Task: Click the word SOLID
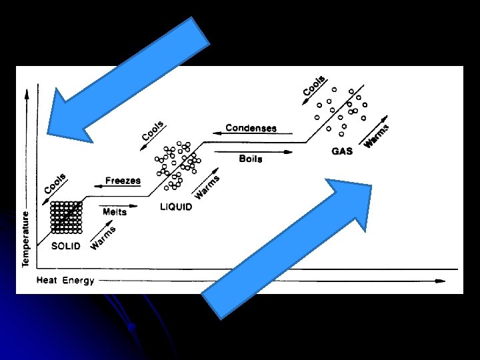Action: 66,245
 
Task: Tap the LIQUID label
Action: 176,207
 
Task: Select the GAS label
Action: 342,151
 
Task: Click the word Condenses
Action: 251,128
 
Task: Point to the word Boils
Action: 250,159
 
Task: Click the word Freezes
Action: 123,180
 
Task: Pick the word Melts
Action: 115,212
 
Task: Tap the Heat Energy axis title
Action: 65,280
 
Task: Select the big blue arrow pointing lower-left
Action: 127,80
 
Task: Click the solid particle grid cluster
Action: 66,217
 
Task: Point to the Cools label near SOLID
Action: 55,183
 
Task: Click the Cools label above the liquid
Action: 153,130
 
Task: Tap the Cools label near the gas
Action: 313,85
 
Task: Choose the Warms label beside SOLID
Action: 103,238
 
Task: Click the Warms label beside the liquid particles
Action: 207,187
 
